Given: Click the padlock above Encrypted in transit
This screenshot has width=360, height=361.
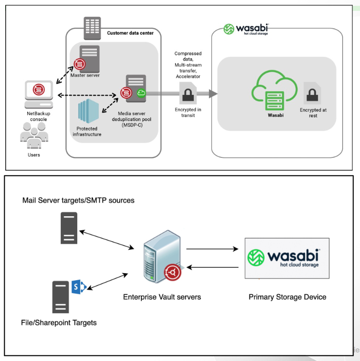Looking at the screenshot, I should pos(188,93).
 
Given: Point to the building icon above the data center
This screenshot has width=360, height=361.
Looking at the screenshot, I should pos(92,28).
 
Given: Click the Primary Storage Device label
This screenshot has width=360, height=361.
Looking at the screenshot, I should pos(287,297).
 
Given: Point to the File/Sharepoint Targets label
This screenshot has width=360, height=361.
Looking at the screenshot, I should pos(59,322).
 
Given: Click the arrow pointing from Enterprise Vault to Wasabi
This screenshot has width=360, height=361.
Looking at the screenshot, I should pos(211,249).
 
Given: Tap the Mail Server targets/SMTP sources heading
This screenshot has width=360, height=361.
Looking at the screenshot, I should pos(78,200).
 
